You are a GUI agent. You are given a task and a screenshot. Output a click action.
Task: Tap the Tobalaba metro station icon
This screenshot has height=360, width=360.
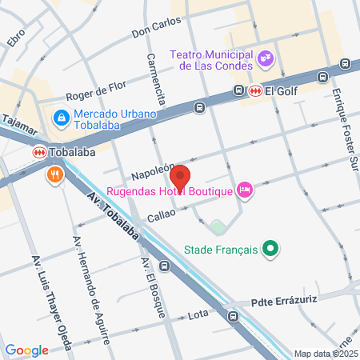coord(38,152)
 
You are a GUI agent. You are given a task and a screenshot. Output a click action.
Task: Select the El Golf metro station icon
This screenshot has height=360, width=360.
coord(254,90)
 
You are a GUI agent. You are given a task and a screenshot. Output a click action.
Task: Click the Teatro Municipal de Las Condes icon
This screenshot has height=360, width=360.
coord(266,58)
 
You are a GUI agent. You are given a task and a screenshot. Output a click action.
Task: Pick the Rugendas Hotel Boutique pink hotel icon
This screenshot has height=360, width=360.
coord(246,190)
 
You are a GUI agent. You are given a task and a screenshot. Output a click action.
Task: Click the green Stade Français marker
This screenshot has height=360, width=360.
coord(270,250)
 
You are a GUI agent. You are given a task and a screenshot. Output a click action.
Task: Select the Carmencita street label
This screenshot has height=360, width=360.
coord(156,79)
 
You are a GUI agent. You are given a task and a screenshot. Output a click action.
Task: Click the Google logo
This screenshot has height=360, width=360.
coord(26,350)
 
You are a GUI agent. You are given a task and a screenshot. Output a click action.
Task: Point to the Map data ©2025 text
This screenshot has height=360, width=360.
coord(325,353)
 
